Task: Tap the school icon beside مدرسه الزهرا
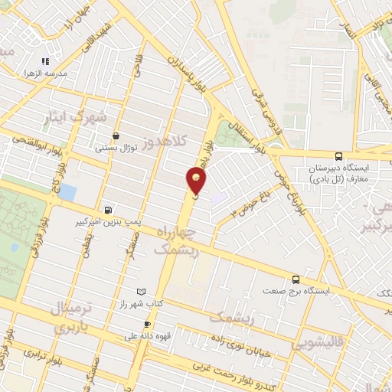46,61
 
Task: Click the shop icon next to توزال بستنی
115,136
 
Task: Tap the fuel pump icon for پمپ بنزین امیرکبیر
106,209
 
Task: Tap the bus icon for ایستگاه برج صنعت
296,279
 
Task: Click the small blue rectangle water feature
67,191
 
